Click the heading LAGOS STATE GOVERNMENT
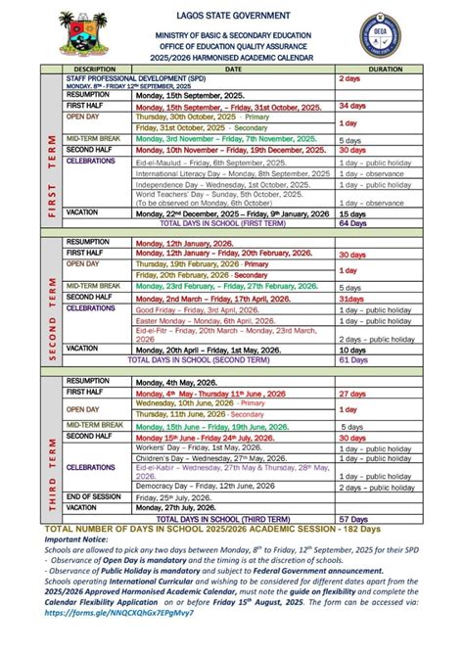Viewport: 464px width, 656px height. [x=233, y=17]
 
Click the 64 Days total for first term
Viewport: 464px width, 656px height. [x=351, y=222]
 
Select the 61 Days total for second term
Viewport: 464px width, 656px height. [x=351, y=358]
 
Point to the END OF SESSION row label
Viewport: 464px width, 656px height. [x=95, y=495]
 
